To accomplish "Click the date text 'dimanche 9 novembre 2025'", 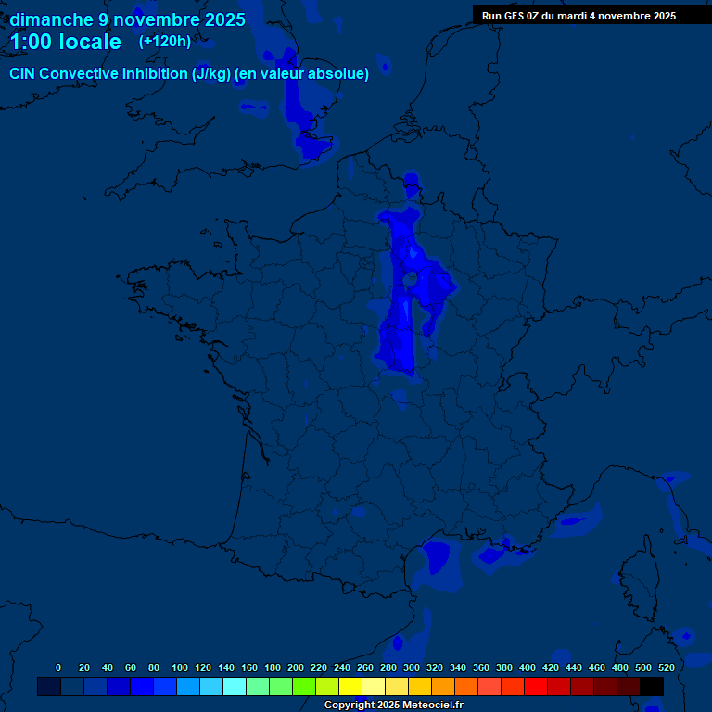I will [127, 19].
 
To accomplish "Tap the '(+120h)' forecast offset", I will [165, 41].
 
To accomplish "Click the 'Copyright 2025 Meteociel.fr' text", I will [393, 706].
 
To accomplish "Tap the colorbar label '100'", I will [179, 667].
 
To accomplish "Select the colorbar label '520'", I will [666, 667].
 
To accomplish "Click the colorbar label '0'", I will [58, 667].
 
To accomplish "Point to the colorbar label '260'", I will [365, 667].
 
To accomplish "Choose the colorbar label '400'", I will [528, 667].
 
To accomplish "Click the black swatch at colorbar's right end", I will [652, 687].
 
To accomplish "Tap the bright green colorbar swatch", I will [304, 687].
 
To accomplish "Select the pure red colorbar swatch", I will [536, 687].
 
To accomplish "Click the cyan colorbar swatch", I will [235, 687].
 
